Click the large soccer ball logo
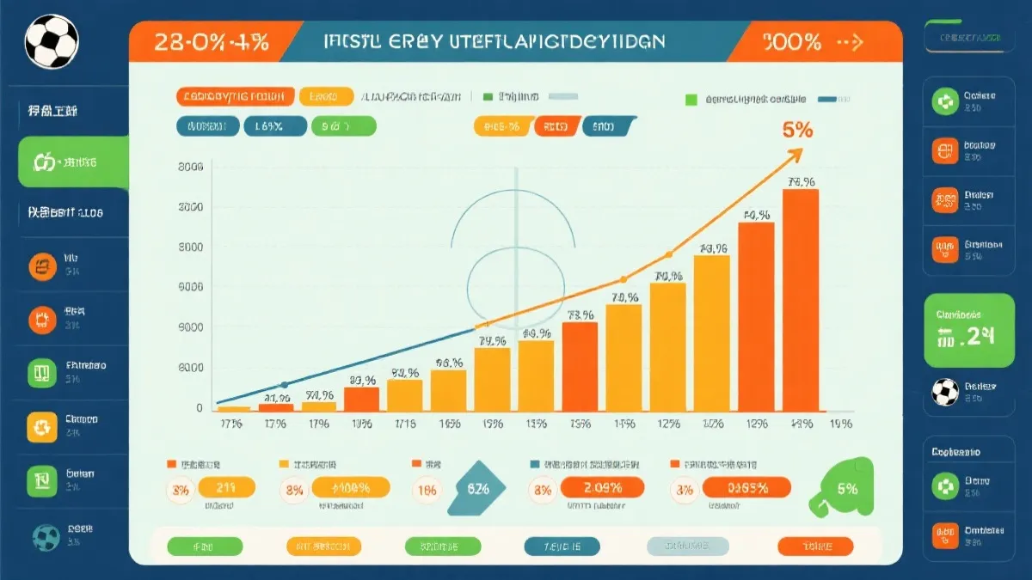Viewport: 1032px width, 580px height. [52, 41]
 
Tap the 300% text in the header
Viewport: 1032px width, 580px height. [792, 41]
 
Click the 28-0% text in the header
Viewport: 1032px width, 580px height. [211, 41]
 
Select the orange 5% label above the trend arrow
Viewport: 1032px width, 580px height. [797, 131]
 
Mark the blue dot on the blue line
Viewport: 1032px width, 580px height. [285, 385]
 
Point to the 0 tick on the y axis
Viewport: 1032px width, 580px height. [199, 408]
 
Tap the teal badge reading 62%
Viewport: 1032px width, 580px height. [477, 488]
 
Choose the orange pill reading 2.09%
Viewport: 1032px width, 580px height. [602, 488]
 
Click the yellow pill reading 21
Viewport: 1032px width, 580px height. [227, 488]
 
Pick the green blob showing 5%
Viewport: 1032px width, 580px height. [846, 488]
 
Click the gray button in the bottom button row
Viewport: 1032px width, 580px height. [687, 546]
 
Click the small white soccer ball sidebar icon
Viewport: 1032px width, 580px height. [945, 392]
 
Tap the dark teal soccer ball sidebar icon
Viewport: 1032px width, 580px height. [46, 537]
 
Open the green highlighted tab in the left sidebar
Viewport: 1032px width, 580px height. [73, 162]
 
